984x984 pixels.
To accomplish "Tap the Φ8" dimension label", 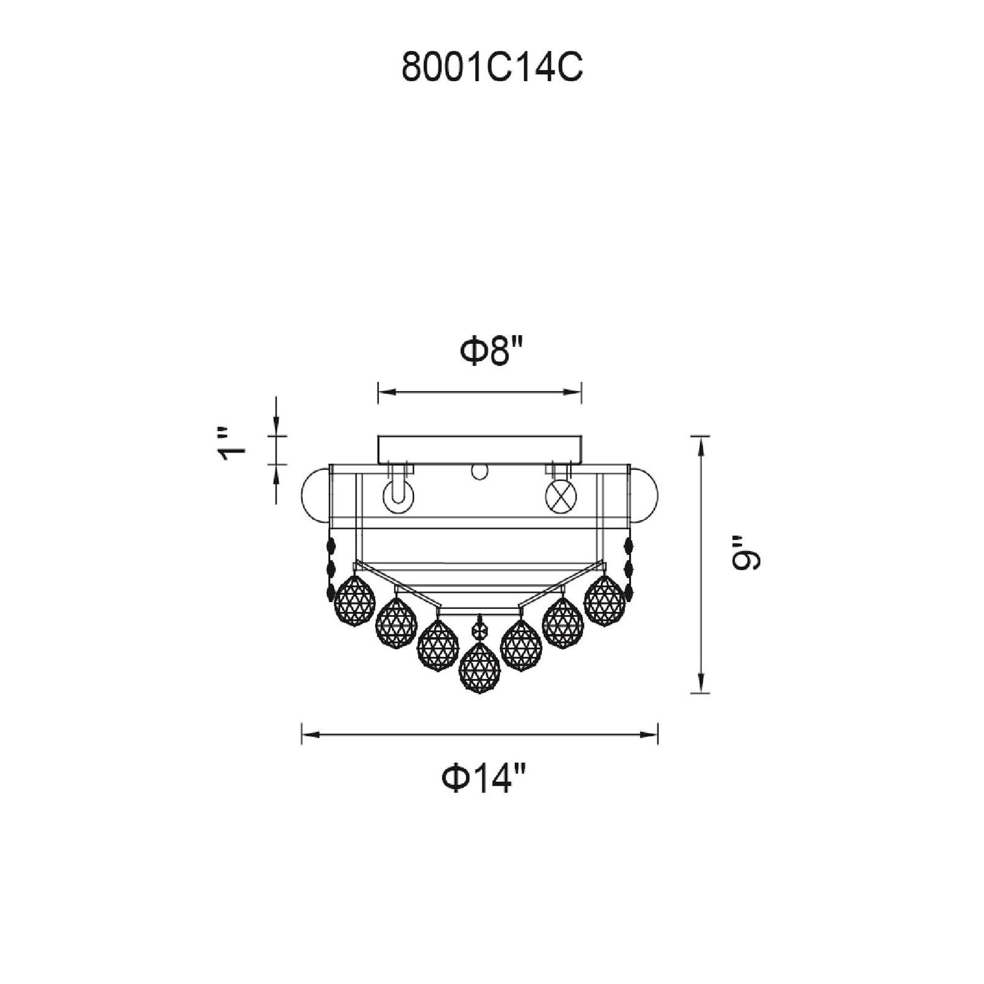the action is [x=492, y=352].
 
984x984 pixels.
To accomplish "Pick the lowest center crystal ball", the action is [x=479, y=668].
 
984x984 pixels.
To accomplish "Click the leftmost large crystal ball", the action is [x=354, y=602].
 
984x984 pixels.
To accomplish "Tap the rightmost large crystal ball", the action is [x=605, y=601].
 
